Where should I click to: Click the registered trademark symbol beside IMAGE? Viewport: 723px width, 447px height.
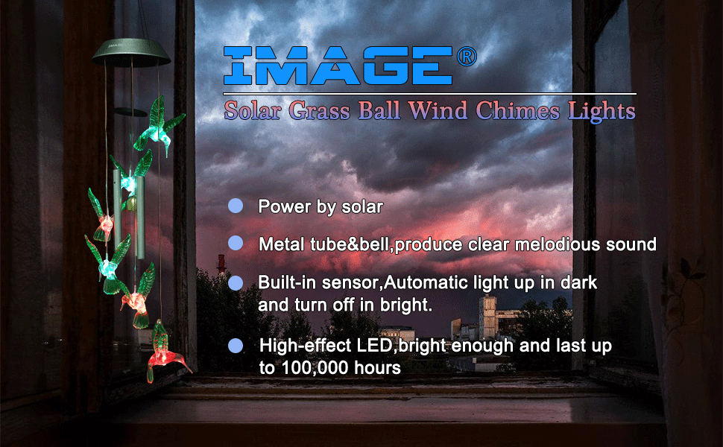(467, 57)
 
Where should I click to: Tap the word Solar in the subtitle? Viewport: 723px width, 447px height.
(253, 111)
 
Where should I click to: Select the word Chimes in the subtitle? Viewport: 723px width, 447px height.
(517, 111)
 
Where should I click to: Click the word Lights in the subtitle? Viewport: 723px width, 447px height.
(602, 112)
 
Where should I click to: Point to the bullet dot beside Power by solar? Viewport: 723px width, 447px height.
(236, 206)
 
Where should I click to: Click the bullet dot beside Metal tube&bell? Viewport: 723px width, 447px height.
(236, 243)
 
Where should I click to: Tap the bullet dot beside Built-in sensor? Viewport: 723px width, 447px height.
(236, 282)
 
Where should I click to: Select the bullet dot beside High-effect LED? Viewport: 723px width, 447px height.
(236, 346)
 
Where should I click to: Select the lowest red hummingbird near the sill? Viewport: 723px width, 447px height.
(164, 352)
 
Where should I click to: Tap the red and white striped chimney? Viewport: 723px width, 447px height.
(221, 264)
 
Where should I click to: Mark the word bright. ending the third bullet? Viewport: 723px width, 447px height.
(406, 305)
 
